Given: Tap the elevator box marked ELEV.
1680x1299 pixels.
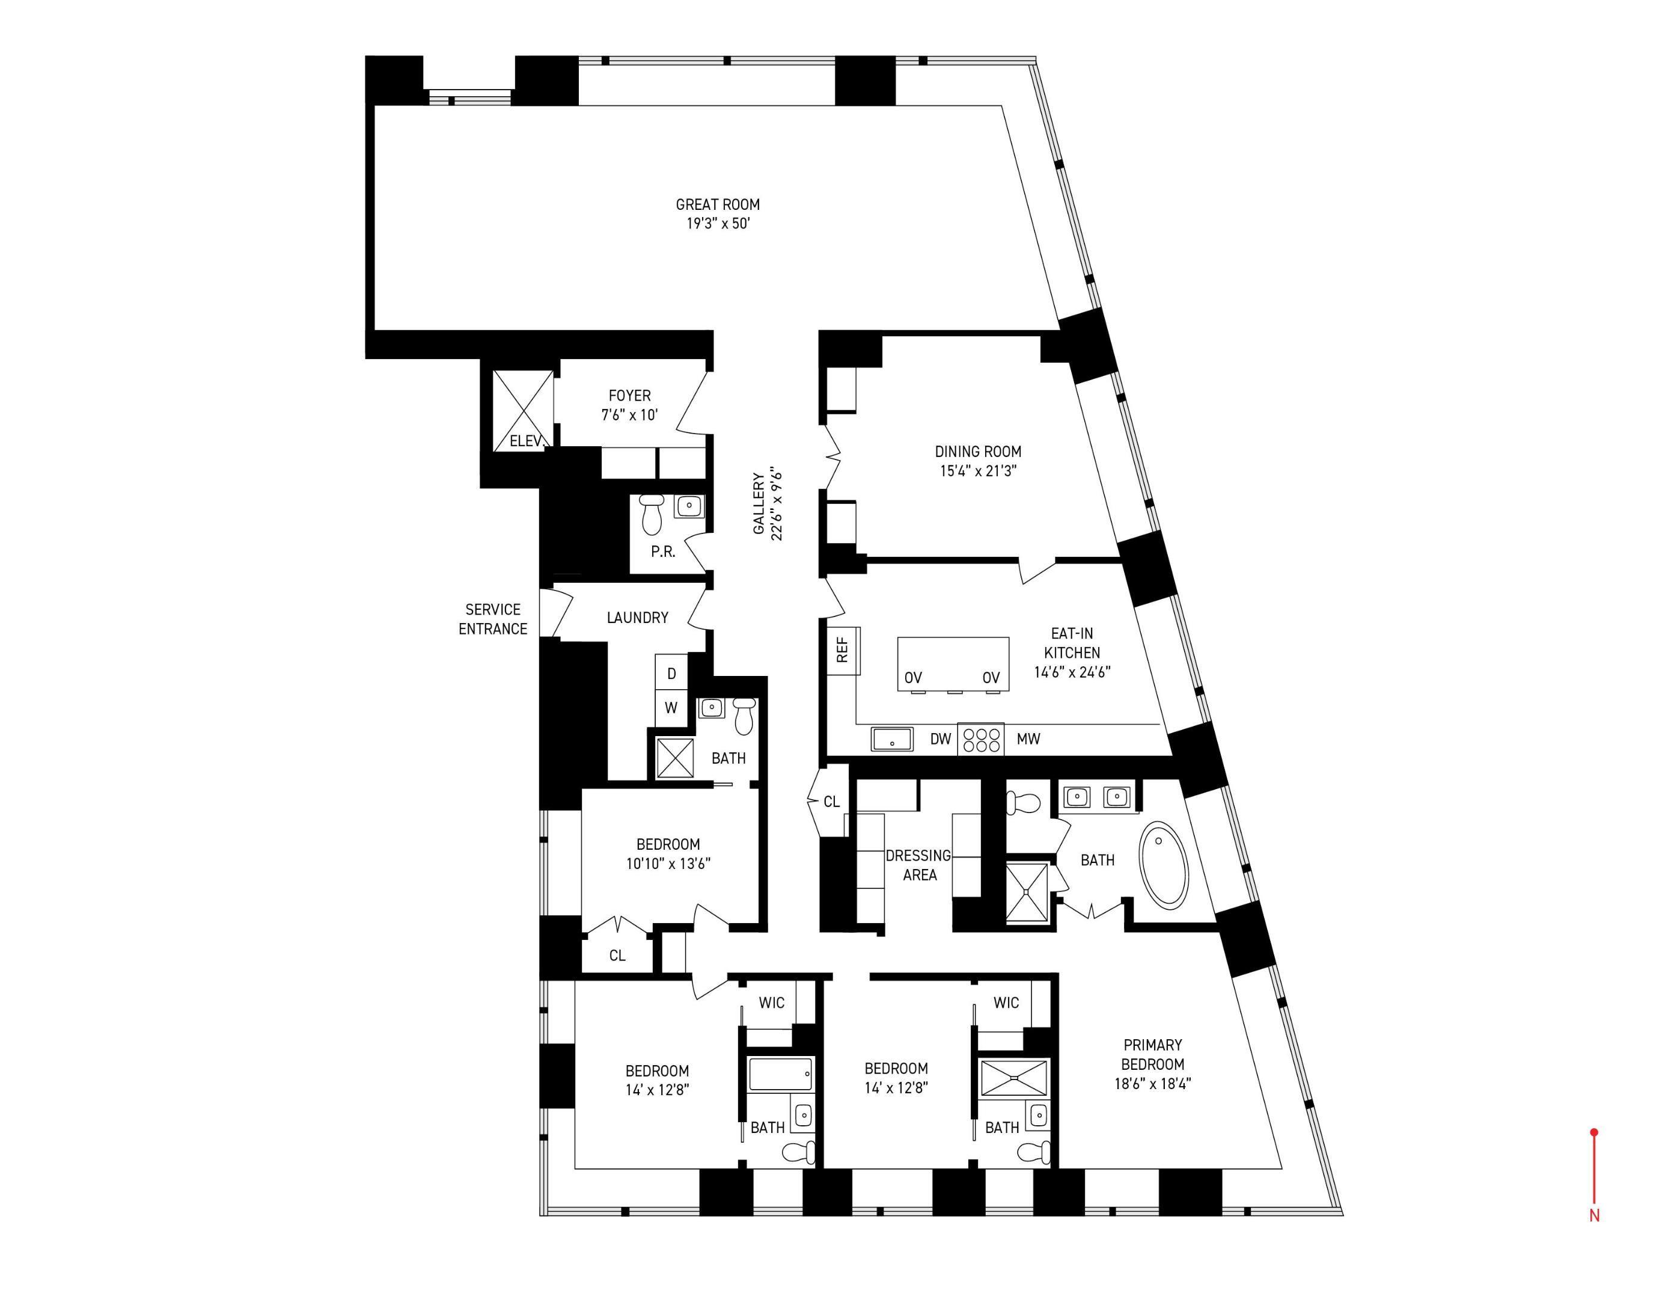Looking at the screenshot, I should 523,410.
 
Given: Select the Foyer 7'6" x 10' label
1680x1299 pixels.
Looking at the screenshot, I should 629,405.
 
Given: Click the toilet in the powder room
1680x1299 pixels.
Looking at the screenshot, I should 652,514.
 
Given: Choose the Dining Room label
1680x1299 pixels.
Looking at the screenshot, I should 978,460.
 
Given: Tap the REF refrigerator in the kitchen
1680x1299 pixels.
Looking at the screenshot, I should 843,649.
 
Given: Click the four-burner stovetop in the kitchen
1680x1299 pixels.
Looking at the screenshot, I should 981,739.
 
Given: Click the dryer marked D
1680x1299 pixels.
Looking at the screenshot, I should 671,674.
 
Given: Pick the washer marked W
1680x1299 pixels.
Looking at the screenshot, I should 671,708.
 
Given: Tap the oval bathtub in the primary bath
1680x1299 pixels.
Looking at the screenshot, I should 1163,866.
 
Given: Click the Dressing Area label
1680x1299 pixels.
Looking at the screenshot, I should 918,865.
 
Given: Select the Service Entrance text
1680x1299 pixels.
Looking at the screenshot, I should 493,619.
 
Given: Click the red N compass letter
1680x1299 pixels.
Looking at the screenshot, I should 1595,1216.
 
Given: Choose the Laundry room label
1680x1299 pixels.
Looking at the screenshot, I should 637,617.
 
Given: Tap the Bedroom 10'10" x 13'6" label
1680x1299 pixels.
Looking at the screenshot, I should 668,853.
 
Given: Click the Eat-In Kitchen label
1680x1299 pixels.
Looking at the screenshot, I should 1072,653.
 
